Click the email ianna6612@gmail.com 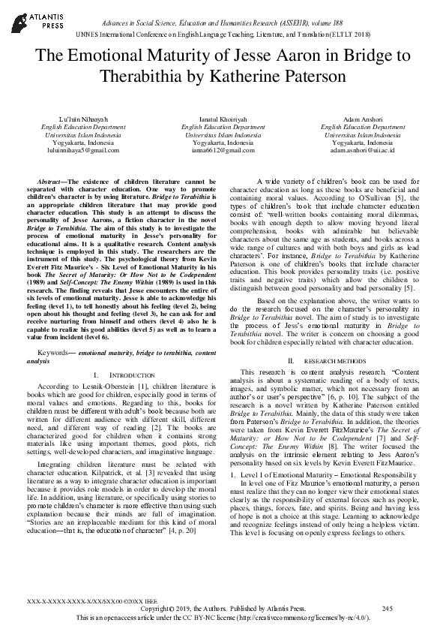(x=223, y=150)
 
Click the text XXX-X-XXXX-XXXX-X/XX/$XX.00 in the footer (x=80, y=603)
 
